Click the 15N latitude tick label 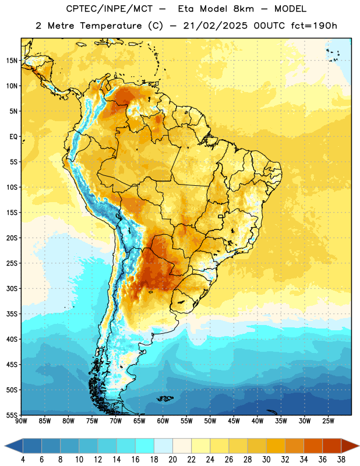tap(12, 61)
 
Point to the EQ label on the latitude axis tap(13, 137)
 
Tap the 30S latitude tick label tap(12, 288)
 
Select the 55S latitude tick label tap(12, 415)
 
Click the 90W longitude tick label tap(21, 421)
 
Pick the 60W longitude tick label tap(163, 421)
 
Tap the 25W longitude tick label tap(328, 421)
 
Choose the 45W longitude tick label tap(234, 421)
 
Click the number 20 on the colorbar tap(172, 460)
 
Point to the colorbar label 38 tap(341, 460)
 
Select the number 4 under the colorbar tap(23, 460)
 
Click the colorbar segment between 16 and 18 tap(145, 446)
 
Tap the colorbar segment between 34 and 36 tap(313, 446)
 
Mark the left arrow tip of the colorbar tap(5, 446)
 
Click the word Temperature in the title tap(111, 26)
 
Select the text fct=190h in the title tap(314, 26)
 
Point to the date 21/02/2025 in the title tap(215, 26)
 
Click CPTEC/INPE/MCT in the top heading tap(110, 9)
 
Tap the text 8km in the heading tap(243, 9)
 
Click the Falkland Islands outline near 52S tap(165, 398)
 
